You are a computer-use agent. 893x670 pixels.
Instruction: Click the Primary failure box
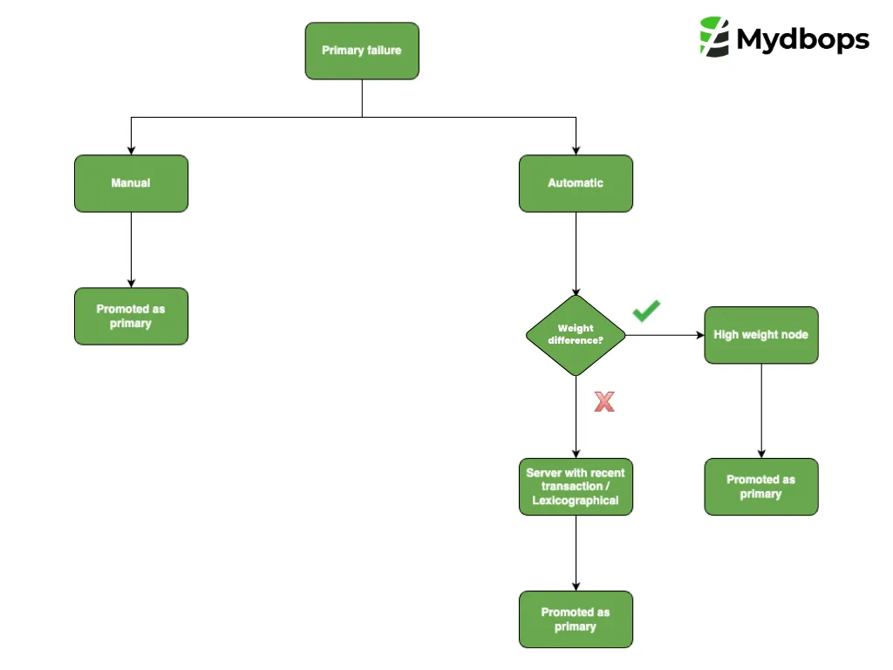tap(362, 51)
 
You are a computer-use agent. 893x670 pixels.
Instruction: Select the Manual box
tap(131, 183)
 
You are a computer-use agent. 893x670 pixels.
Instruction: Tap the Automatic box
tap(576, 183)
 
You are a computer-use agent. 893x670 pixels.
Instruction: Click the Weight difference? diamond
tap(576, 335)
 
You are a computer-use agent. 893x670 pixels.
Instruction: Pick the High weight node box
tap(760, 335)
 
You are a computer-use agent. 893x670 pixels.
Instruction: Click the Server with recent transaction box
tap(576, 487)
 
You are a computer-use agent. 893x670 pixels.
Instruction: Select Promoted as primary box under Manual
tap(131, 316)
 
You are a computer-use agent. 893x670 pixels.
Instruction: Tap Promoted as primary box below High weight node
tap(760, 487)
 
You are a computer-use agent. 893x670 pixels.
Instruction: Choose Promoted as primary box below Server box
tap(576, 619)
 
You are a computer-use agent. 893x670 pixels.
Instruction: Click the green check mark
tap(646, 310)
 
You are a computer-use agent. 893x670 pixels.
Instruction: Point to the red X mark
tap(604, 401)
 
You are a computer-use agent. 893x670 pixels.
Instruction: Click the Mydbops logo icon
tap(714, 37)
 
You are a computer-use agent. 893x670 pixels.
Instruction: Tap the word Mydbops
tap(802, 39)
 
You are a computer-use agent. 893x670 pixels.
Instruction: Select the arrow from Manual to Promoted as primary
tap(131, 250)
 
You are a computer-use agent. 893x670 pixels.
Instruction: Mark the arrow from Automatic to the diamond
tap(576, 253)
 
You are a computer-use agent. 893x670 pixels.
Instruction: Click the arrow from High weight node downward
tap(760, 410)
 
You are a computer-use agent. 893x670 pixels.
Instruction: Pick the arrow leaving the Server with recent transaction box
tap(576, 553)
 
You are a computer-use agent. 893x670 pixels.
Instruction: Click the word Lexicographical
tap(576, 501)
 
